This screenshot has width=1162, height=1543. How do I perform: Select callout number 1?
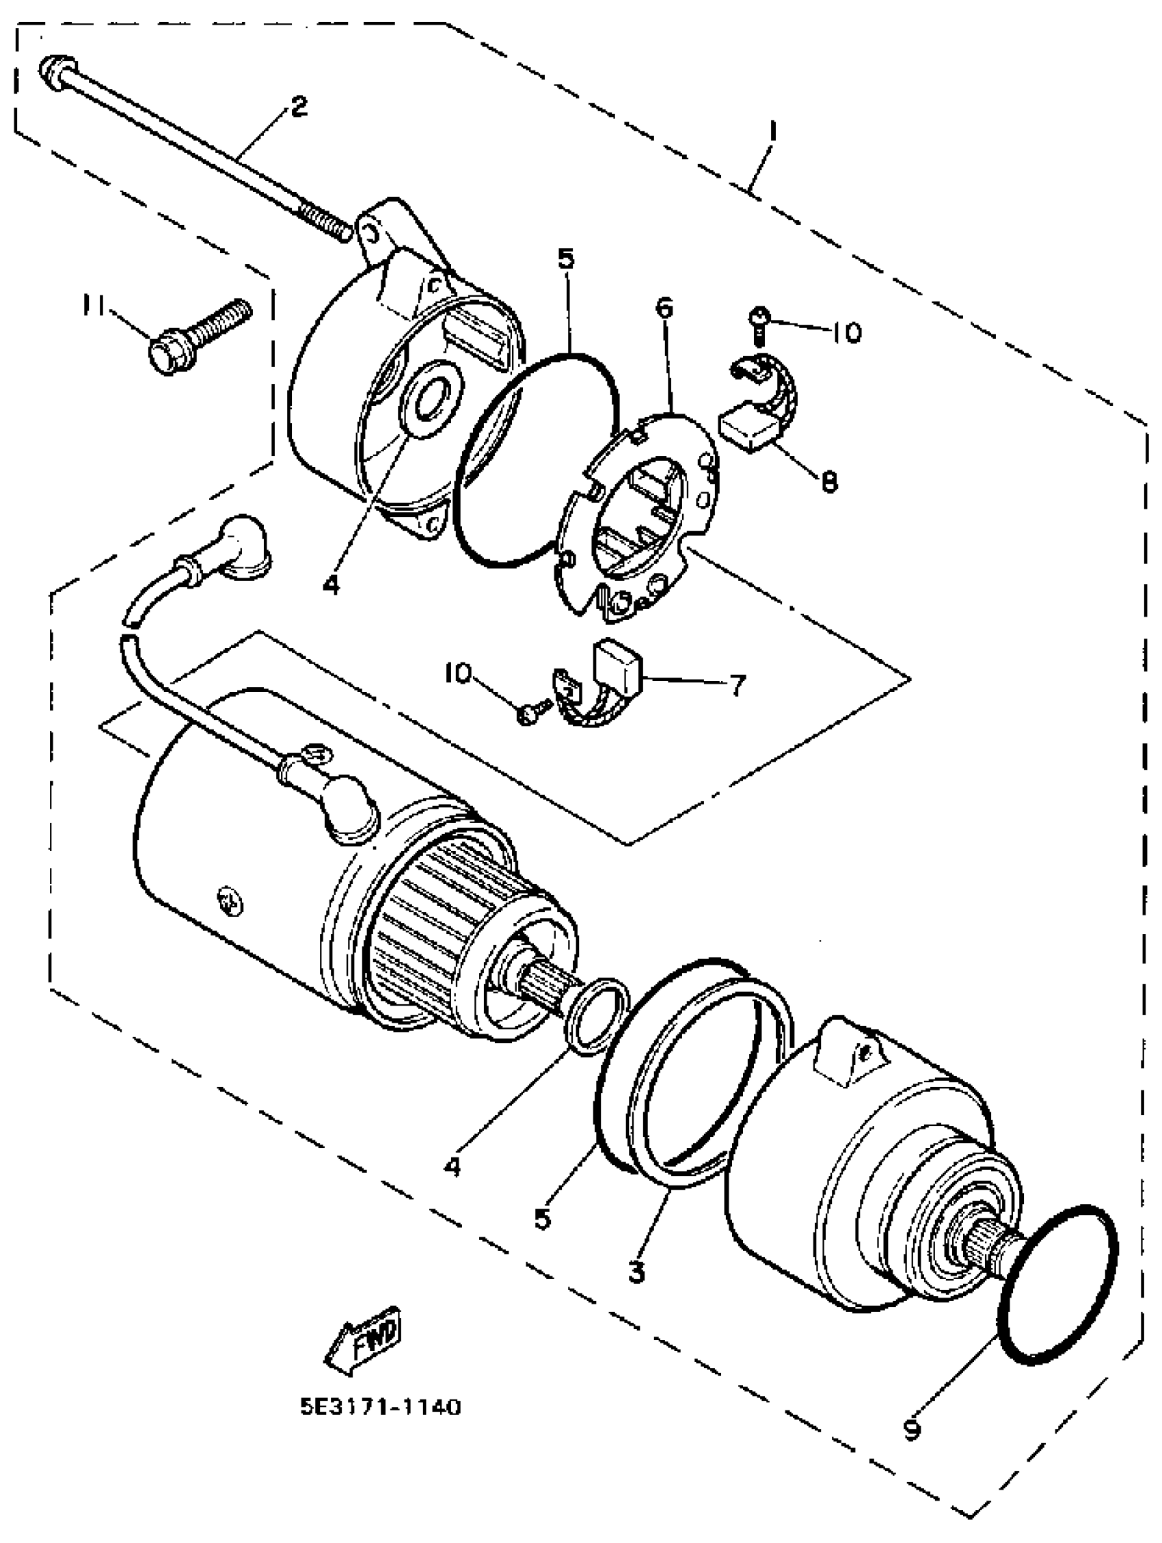tap(773, 133)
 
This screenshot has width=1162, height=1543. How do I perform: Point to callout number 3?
tap(636, 1271)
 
